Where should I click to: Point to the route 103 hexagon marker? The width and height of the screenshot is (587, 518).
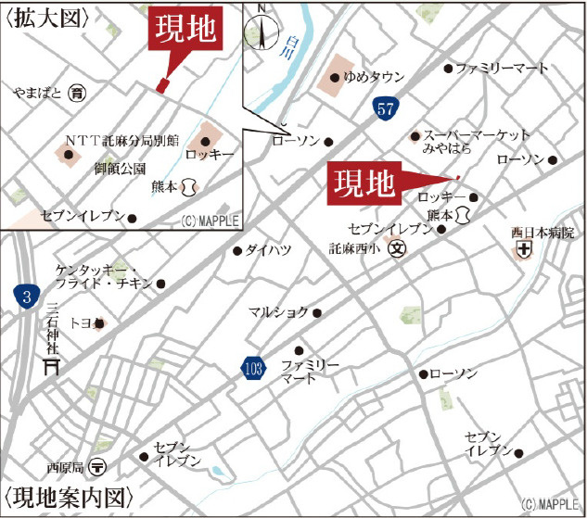pyautogui.click(x=249, y=368)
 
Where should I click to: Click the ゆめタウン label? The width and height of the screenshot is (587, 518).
pyautogui.click(x=374, y=78)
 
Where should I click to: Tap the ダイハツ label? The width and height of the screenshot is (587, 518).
pyautogui.click(x=271, y=249)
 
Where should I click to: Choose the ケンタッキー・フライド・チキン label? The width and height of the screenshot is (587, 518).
pyautogui.click(x=103, y=275)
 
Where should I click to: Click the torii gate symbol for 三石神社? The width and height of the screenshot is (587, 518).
pyautogui.click(x=53, y=367)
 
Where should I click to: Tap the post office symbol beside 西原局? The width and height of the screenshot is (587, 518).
pyautogui.click(x=99, y=466)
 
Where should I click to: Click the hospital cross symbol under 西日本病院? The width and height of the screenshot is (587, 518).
pyautogui.click(x=524, y=249)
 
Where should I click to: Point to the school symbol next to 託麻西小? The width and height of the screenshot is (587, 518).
pyautogui.click(x=397, y=248)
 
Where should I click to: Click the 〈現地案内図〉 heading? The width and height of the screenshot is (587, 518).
pyautogui.click(x=65, y=496)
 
